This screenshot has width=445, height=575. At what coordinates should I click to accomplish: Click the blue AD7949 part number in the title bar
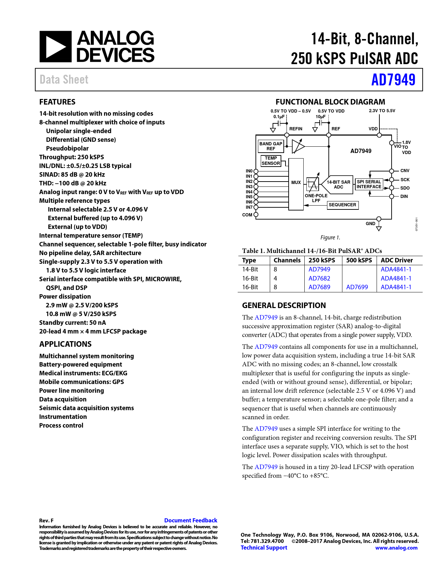click(x=393, y=80)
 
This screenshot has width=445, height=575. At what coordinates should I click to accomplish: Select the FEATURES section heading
click(x=57, y=102)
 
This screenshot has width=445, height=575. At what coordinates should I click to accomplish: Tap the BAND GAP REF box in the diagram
click(x=271, y=146)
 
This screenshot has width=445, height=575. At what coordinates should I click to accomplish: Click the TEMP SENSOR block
click(x=271, y=161)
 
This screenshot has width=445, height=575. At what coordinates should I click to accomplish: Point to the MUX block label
click(x=296, y=183)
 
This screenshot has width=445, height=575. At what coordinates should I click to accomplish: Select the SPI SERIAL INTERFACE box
click(x=369, y=184)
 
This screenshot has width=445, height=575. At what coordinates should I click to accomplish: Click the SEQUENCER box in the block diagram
click(x=342, y=205)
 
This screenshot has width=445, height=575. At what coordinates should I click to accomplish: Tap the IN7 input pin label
click(x=249, y=207)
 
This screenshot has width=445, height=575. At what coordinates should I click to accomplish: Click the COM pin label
click(x=247, y=215)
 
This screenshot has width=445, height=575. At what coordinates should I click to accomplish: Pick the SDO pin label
click(x=405, y=188)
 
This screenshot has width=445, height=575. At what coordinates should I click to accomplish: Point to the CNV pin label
click(x=405, y=171)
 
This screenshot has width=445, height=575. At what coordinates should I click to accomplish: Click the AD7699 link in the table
click(x=357, y=287)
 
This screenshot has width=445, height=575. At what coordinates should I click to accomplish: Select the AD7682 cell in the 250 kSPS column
click(x=319, y=278)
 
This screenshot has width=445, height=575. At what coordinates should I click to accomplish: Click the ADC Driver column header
click(x=397, y=260)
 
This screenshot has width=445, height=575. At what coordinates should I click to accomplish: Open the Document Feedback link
click(x=191, y=520)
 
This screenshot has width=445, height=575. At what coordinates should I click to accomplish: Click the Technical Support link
click(x=264, y=547)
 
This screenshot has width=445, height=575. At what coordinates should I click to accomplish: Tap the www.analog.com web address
click(x=396, y=548)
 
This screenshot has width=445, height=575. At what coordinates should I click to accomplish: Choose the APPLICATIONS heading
click(x=65, y=344)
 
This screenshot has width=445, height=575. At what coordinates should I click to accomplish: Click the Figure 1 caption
click(x=330, y=238)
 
